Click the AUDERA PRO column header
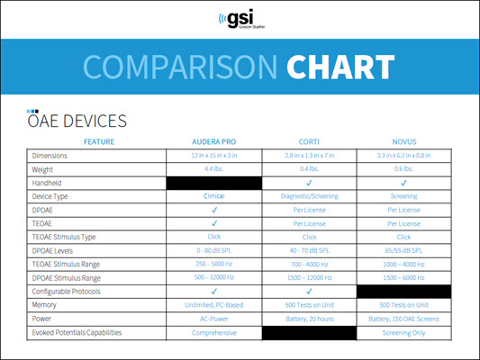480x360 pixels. pyautogui.click(x=214, y=141)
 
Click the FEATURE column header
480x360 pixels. pyautogui.click(x=99, y=141)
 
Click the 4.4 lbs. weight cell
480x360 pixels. pyautogui.click(x=214, y=168)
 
